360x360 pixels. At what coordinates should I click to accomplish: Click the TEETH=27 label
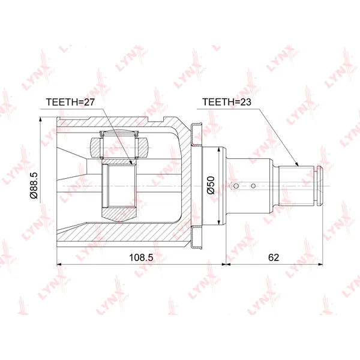tap(70, 102)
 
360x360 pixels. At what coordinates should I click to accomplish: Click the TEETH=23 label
tap(227, 102)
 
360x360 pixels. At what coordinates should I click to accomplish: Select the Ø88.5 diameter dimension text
tap(34, 185)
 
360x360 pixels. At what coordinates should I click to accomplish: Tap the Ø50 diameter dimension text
tap(211, 185)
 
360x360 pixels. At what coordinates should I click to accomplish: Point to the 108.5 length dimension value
tap(141, 257)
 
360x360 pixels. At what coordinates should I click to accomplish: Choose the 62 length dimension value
tap(274, 257)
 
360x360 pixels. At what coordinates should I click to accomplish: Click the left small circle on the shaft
tap(236, 185)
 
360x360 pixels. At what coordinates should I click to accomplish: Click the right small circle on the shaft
tap(253, 186)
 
